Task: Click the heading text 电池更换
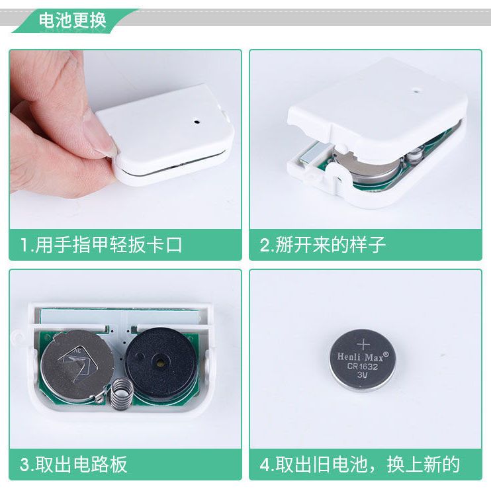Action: (72, 20)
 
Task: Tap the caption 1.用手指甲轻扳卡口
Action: (101, 245)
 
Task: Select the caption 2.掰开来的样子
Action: (322, 245)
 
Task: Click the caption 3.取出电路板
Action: (73, 465)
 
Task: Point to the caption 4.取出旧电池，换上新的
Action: (360, 465)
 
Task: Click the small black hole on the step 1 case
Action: (197, 121)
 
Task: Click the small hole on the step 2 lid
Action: (416, 92)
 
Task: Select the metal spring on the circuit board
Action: (120, 392)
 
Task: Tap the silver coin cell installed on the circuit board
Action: (75, 366)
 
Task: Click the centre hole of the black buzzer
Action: (160, 363)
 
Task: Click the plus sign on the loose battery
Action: (363, 344)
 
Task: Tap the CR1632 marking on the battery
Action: (363, 367)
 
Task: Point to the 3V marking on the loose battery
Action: (363, 375)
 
